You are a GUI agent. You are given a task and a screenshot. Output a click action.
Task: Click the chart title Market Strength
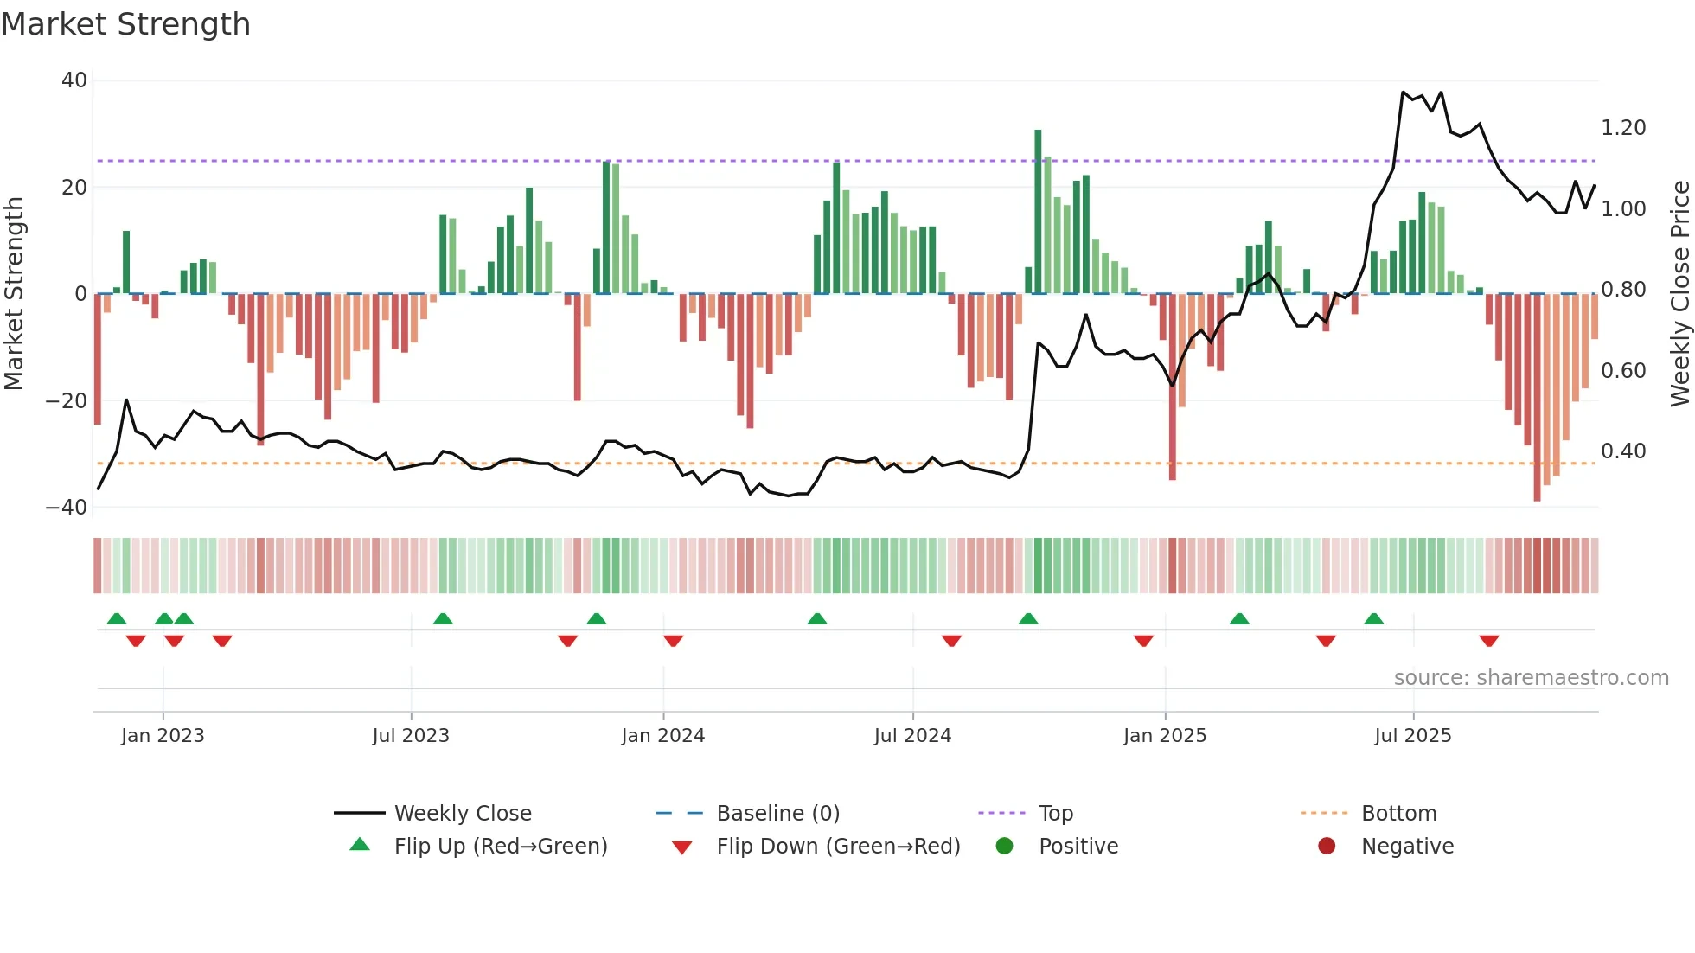coord(125,24)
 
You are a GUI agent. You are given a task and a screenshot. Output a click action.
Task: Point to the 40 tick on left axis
coord(74,80)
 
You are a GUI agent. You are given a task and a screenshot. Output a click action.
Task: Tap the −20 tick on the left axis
coord(67,401)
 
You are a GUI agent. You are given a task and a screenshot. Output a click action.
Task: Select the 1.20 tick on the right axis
coord(1623,128)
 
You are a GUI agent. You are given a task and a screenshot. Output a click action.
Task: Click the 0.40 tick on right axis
coord(1623,451)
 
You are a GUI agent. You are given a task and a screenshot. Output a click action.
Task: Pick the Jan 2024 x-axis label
coord(662,736)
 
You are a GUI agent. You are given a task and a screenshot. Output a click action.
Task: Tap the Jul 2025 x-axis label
coord(1412,736)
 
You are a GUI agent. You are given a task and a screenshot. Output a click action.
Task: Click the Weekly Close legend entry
coord(462,814)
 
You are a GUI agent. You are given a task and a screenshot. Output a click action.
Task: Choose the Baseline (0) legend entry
coord(777,814)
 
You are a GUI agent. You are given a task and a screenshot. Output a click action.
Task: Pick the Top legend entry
coord(1055,814)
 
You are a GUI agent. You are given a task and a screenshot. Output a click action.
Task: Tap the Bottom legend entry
coord(1398,814)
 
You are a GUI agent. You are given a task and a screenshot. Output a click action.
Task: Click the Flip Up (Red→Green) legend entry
coord(500,847)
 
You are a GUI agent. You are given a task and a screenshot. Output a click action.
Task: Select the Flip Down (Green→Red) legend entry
coord(837,847)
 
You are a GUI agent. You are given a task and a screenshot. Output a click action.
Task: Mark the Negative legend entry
coord(1407,847)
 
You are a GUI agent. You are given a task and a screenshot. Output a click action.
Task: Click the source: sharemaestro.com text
coord(1531,678)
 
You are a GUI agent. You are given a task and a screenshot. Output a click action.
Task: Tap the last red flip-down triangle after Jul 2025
coord(1488,641)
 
